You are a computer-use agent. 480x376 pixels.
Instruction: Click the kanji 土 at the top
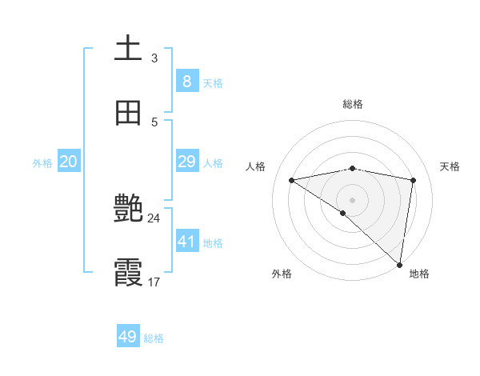128,48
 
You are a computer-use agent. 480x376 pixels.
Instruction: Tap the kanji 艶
128,210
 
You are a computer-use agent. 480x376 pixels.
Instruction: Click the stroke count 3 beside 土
154,58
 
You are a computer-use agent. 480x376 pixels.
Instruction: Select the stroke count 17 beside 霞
154,282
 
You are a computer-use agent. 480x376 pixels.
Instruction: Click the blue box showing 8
187,81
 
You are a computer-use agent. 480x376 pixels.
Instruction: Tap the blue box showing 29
187,162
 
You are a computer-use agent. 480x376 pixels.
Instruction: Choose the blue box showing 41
187,241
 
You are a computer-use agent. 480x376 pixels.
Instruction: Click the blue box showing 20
68,162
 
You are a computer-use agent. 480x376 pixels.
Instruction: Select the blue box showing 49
128,337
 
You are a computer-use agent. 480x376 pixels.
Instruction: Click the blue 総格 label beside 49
154,338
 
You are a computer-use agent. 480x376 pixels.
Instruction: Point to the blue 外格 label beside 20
42,163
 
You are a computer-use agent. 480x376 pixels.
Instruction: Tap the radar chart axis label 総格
353,104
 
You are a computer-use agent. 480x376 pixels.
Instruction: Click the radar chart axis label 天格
450,166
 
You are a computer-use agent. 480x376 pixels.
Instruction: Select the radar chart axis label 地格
419,274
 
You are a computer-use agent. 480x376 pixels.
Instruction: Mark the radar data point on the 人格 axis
292,180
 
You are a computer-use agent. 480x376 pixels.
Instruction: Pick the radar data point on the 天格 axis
414,180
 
